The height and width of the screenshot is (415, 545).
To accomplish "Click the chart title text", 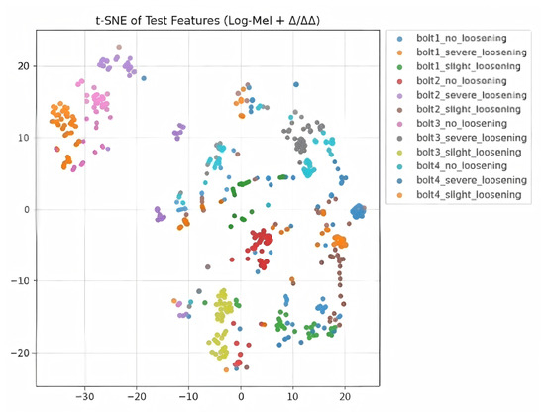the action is pyautogui.click(x=207, y=21).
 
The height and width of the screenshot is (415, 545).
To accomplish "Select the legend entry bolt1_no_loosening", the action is pyautogui.click(x=462, y=38).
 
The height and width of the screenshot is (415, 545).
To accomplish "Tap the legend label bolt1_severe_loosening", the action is pyautogui.click(x=472, y=52).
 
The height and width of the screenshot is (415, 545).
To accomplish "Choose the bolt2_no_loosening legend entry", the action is pyautogui.click(x=462, y=81).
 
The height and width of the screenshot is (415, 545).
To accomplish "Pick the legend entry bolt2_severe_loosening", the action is pyautogui.click(x=472, y=95).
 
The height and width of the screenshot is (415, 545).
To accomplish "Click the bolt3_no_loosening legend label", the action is pyautogui.click(x=462, y=123).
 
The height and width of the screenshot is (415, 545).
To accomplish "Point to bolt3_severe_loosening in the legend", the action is pyautogui.click(x=472, y=138).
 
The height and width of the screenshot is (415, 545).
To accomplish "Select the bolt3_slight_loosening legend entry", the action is pyautogui.click(x=469, y=152).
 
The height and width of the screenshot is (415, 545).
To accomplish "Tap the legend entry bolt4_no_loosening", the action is pyautogui.click(x=462, y=166).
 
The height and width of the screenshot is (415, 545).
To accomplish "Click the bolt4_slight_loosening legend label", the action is pyautogui.click(x=469, y=194).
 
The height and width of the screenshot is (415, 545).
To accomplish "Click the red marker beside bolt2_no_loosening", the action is pyautogui.click(x=399, y=81).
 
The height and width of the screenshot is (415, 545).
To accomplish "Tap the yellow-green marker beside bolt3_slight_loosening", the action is pyautogui.click(x=399, y=153).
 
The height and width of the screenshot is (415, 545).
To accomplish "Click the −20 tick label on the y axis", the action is pyautogui.click(x=20, y=353).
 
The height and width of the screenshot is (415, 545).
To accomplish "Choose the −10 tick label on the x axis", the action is pyautogui.click(x=188, y=396).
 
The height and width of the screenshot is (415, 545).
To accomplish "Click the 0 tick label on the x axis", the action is pyautogui.click(x=241, y=396).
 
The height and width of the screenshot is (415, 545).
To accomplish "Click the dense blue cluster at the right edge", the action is pyautogui.click(x=358, y=211).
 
